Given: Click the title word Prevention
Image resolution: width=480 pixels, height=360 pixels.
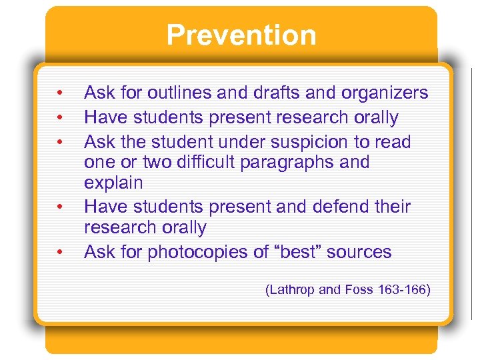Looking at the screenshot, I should point(241,35).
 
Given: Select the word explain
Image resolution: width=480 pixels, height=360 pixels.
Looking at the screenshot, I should point(113,182).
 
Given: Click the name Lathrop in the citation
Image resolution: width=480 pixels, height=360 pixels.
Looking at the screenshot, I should point(294,289).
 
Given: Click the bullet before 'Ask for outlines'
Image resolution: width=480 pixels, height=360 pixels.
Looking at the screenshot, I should point(60,93).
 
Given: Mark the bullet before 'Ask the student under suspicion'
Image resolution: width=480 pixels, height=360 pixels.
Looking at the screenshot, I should point(60,142).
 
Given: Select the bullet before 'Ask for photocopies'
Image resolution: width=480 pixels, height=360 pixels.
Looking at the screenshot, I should point(60,252).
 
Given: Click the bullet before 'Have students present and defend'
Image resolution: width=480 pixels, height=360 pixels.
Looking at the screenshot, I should point(60,207).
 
